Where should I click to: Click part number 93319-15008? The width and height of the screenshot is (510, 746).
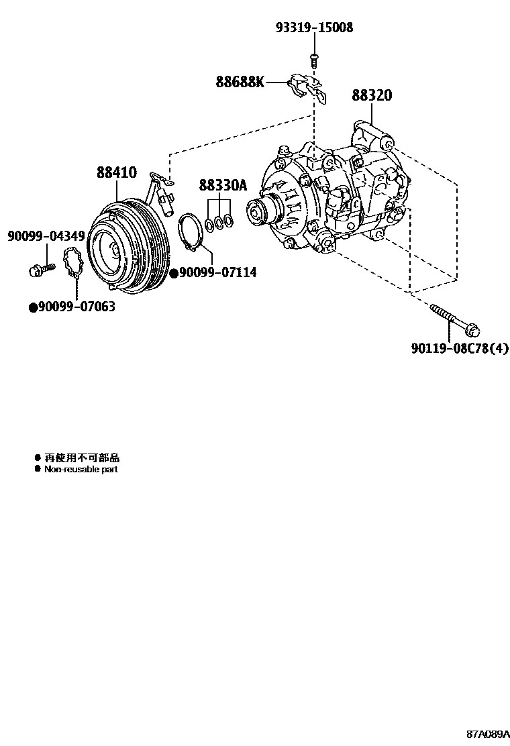(x=313, y=28)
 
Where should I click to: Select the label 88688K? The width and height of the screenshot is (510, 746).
(x=240, y=83)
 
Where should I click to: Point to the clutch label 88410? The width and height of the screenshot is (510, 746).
(x=116, y=172)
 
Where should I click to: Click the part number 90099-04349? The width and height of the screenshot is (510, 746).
(x=46, y=236)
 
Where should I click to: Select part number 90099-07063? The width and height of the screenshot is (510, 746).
(x=76, y=307)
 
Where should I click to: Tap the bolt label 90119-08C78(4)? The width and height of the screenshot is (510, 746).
(x=460, y=348)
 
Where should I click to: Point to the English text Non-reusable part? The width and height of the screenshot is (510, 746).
(x=81, y=470)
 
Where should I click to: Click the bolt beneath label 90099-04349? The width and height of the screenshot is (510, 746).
(x=40, y=270)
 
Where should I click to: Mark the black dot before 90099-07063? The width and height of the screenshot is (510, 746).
(x=32, y=307)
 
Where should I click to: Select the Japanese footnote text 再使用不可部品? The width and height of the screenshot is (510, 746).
(x=81, y=458)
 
